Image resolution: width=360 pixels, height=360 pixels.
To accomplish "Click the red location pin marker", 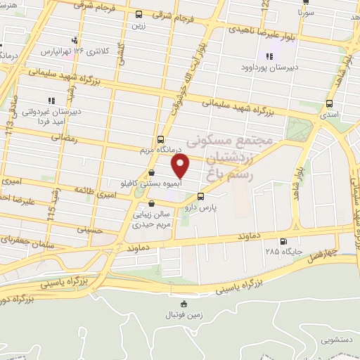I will [x=181, y=165].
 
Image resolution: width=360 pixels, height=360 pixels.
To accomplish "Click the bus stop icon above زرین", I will [x=139, y=14].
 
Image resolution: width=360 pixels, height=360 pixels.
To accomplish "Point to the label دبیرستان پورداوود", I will [x=268, y=67].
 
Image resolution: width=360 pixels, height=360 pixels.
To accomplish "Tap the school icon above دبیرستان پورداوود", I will [x=268, y=57].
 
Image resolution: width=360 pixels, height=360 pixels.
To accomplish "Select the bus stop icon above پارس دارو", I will [x=201, y=197].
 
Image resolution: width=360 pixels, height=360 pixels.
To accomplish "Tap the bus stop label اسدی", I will [x=329, y=114].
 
